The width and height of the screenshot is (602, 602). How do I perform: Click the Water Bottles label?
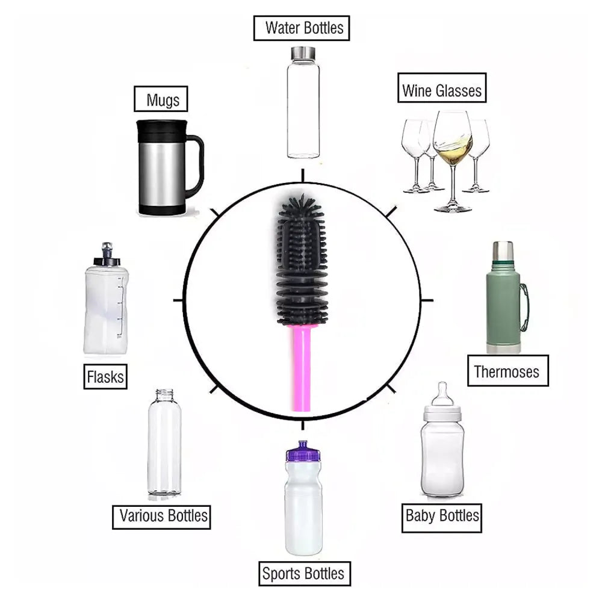click(301, 28)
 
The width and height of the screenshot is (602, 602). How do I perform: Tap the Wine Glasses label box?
click(442, 91)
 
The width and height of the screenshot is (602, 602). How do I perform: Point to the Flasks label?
click(105, 377)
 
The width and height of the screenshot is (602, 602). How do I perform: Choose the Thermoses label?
click(507, 371)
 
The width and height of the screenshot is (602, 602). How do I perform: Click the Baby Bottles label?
click(442, 516)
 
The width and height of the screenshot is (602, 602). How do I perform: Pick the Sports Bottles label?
click(303, 573)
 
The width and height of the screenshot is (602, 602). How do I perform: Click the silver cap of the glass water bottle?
click(303, 52)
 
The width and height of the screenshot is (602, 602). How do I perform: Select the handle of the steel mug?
click(196, 166)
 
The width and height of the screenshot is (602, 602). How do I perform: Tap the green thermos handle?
click(524, 307)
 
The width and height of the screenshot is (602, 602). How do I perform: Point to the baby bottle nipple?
click(443, 394)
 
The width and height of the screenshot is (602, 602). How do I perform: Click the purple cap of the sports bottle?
click(303, 451)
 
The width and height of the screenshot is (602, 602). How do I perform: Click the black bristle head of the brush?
click(302, 259)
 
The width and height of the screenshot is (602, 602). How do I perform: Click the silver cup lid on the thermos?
click(503, 251)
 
